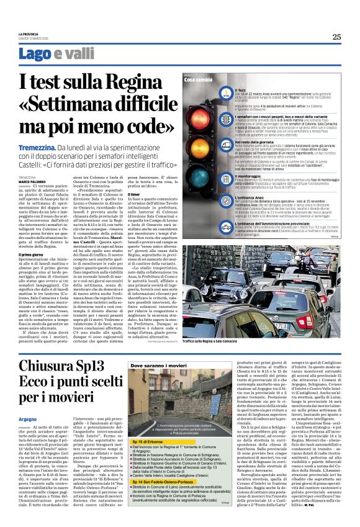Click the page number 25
336,37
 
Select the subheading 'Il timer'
133,194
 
